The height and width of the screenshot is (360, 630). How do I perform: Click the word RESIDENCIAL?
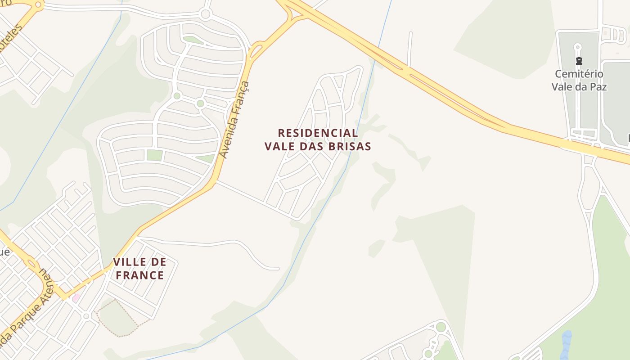(318, 133)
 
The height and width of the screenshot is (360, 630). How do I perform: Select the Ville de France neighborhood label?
(139, 268)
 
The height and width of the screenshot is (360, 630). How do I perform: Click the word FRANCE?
(139, 275)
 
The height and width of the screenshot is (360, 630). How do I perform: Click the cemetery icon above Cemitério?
(579, 61)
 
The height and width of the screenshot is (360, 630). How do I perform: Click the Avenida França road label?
(234, 120)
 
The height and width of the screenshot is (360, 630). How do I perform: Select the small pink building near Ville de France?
(76, 297)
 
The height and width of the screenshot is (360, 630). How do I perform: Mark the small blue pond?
(566, 341)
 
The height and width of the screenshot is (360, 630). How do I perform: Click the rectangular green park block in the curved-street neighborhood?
(154, 155)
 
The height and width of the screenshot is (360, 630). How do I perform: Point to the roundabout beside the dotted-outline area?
(86, 316)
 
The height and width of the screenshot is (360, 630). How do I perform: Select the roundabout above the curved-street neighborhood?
(206, 14)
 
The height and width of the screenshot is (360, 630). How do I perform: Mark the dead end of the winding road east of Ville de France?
(278, 269)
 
